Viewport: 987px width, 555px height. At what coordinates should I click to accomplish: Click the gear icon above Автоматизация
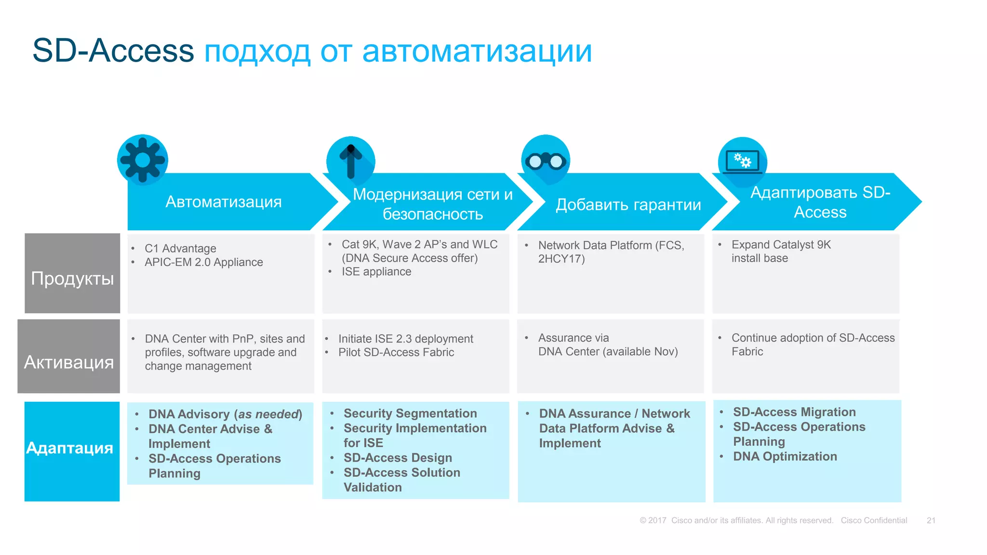point(143,160)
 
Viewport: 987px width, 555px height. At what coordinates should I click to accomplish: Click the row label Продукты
point(72,278)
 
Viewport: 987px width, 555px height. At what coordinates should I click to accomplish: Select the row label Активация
point(69,362)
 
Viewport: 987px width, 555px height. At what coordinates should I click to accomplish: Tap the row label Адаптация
point(70,448)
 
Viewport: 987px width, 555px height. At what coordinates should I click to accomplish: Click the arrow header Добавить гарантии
point(628,205)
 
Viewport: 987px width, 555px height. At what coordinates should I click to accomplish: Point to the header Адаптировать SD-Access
point(820,202)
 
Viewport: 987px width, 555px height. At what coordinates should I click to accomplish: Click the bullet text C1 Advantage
point(180,249)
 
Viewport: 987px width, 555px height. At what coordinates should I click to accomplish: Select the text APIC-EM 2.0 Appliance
point(203,262)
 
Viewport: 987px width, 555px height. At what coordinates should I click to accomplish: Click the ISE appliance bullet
point(376,272)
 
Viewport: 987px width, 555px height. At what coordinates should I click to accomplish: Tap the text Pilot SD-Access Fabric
point(396,352)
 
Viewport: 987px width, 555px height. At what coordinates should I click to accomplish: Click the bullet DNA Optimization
point(785,456)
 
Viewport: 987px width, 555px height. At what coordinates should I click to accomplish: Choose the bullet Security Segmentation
point(410,413)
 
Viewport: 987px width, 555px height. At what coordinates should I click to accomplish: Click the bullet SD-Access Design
point(398,458)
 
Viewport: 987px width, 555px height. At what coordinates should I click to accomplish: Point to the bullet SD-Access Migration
point(794,412)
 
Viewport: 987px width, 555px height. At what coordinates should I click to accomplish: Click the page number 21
point(931,520)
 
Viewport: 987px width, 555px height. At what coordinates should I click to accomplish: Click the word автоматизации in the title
point(477,51)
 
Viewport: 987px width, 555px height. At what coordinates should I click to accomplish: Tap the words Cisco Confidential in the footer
point(873,520)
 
